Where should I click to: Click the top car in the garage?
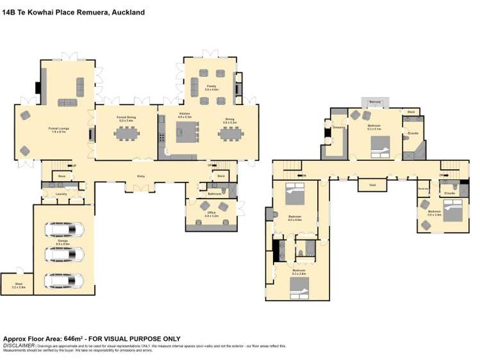[64, 229]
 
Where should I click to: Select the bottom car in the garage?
[64, 280]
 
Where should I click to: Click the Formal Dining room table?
[126, 133]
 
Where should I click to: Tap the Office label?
[211, 215]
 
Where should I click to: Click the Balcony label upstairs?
[376, 101]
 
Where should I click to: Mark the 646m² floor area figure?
[74, 339]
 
